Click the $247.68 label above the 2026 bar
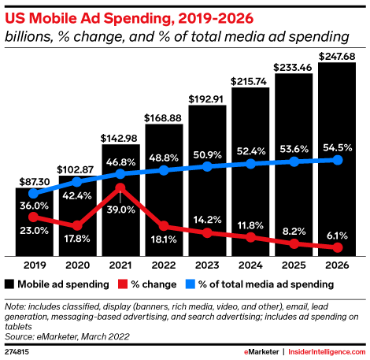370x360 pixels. click(x=337, y=57)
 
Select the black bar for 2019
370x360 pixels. click(x=35, y=222)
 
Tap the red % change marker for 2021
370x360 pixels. click(x=120, y=187)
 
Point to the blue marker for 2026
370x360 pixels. click(x=338, y=160)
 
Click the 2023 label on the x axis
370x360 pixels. click(x=207, y=265)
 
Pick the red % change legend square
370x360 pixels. click(x=123, y=284)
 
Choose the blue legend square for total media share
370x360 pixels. click(x=191, y=284)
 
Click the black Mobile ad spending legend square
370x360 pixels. click(x=9, y=284)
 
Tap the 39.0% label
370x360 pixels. click(x=120, y=210)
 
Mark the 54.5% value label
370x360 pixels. click(x=338, y=147)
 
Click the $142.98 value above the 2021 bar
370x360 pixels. click(x=119, y=138)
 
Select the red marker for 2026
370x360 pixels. click(x=338, y=247)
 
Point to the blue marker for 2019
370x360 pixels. click(x=33, y=194)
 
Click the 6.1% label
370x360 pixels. click(x=337, y=236)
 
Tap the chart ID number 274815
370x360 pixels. click(x=17, y=352)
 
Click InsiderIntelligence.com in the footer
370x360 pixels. click(x=327, y=352)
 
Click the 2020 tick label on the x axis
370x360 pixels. click(x=77, y=265)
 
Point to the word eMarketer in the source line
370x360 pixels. click(x=57, y=336)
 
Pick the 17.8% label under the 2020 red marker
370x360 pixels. click(x=77, y=239)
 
